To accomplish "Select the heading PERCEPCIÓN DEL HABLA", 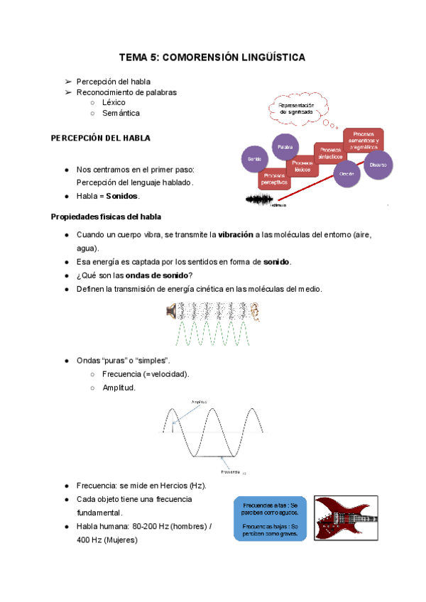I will point(100,138).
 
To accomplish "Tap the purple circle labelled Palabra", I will point(286,147).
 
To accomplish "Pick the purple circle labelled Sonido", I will point(255,160).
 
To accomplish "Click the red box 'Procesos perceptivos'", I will point(274,178).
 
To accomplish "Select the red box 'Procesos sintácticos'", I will point(330,153).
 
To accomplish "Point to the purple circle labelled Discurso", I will point(378,165).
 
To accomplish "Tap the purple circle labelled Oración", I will point(346,173).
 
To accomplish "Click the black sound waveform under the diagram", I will point(258,201).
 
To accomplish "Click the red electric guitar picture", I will point(346,518).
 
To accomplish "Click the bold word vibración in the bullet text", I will point(236,235).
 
